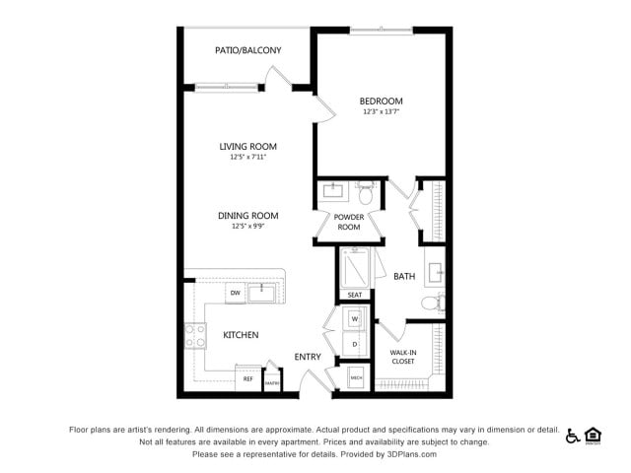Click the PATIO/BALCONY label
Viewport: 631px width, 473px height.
[x=248, y=50]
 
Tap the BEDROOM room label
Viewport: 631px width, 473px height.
[x=381, y=101]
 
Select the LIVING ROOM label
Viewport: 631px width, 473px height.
[x=248, y=147]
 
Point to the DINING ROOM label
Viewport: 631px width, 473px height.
[x=248, y=216]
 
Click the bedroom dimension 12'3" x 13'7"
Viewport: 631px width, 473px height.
[x=381, y=111]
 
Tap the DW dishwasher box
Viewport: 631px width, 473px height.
[x=235, y=294]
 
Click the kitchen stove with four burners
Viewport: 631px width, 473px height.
[x=194, y=336]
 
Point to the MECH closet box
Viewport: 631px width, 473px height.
[x=356, y=378]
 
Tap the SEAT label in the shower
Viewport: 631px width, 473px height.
[x=355, y=295]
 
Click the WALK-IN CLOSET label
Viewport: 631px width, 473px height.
[x=402, y=356]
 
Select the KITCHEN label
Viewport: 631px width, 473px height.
[x=241, y=335]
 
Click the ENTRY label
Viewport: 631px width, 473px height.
[x=308, y=357]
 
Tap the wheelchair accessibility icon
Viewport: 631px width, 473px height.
[x=573, y=436]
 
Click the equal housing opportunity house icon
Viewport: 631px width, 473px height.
[x=594, y=436]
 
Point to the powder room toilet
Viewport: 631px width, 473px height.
[x=366, y=192]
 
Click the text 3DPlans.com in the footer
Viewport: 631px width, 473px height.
[x=405, y=454]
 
